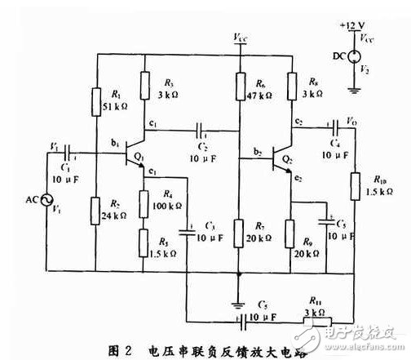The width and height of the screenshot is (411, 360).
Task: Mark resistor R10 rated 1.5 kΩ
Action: [x=354, y=187]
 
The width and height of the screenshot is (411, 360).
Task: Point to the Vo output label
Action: [x=352, y=121]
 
